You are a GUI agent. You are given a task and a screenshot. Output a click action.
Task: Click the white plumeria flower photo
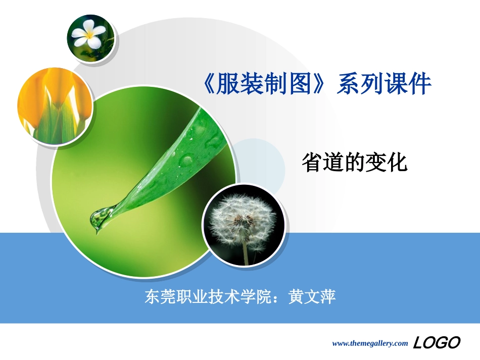[90, 38]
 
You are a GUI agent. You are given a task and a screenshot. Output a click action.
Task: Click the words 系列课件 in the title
[385, 84]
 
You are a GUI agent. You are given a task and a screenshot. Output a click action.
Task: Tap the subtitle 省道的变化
[354, 163]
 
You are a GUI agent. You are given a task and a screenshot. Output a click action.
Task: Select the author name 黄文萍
[312, 296]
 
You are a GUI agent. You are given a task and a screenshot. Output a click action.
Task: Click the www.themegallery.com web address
[369, 343]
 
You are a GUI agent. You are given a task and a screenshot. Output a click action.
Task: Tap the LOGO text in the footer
[437, 343]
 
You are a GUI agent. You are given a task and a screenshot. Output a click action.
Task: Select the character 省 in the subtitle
[312, 163]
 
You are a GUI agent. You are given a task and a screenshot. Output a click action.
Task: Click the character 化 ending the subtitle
[397, 163]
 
